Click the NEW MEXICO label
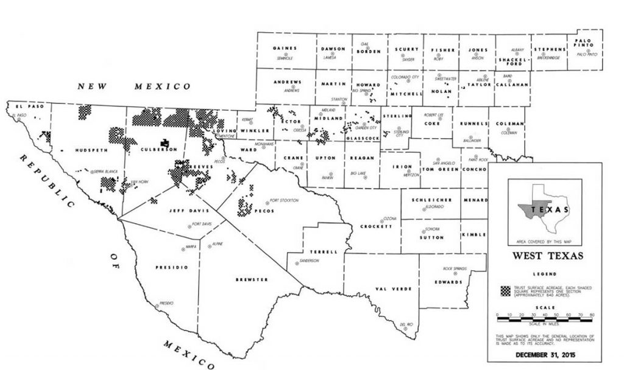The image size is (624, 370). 134,87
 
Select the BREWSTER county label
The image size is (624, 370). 252,279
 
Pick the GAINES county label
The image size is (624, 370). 285,49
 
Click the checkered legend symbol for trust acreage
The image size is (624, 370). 505,290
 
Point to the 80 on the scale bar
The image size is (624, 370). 592,315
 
